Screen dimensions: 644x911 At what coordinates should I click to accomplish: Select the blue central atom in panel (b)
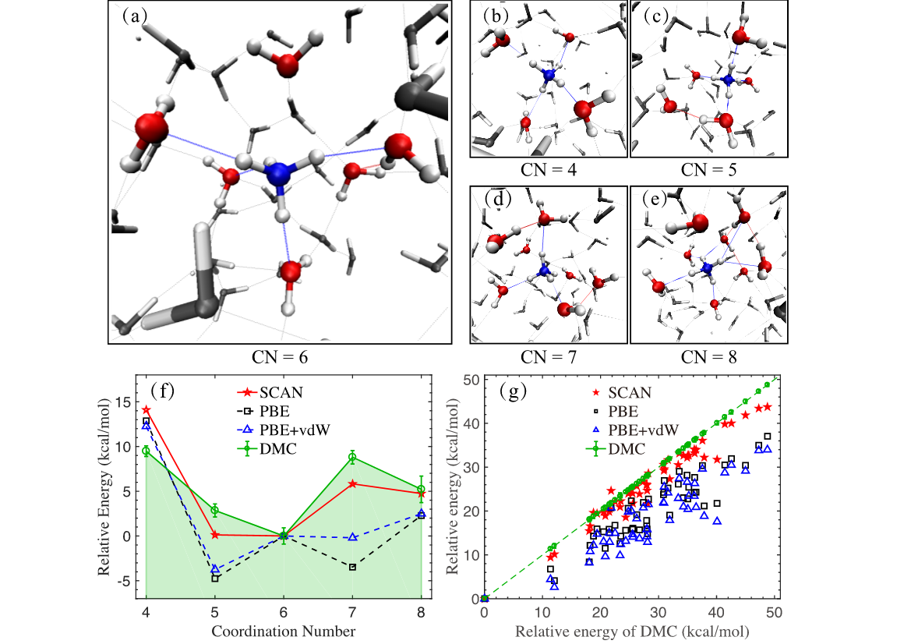tap(549, 75)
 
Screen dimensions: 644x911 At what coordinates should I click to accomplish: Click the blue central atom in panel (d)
tap(545, 271)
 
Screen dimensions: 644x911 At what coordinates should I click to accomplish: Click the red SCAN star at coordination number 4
tap(147, 410)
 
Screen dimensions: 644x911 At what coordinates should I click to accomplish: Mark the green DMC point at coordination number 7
tap(352, 458)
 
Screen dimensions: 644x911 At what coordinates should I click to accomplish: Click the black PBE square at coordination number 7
tap(352, 567)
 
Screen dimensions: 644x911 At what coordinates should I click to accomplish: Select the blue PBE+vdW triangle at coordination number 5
tap(215, 569)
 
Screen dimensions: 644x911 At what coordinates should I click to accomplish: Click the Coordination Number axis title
tap(283, 629)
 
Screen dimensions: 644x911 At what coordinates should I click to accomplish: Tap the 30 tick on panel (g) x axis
tap(659, 612)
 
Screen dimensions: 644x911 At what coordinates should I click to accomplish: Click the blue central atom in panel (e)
tap(707, 268)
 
